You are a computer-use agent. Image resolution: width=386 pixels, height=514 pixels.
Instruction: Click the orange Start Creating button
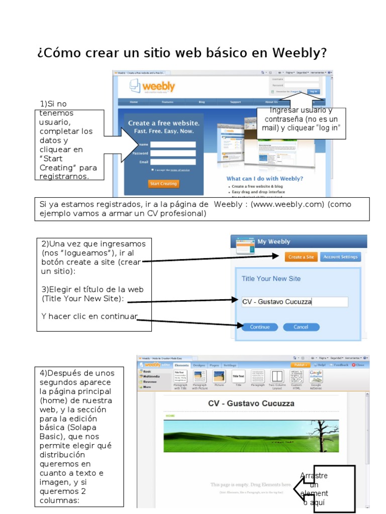point(164,184)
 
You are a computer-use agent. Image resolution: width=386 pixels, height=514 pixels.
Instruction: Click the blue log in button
point(313,92)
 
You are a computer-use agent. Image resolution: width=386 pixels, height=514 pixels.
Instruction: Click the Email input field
point(173,162)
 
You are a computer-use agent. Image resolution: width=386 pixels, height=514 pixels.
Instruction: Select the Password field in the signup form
point(173,153)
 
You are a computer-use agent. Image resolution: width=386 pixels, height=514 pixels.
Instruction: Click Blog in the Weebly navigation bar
point(202,102)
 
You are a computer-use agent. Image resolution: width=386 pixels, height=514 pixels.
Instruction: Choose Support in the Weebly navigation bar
point(235,102)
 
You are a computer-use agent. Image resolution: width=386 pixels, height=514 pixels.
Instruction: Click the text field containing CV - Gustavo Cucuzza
point(295,302)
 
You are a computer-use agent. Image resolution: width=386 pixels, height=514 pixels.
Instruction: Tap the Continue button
point(260,327)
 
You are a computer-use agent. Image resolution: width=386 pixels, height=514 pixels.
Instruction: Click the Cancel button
point(301,327)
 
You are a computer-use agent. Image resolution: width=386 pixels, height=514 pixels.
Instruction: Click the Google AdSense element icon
point(316,377)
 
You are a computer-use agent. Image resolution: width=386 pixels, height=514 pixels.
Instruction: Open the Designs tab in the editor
point(199,365)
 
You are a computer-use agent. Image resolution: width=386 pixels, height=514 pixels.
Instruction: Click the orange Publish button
point(300,365)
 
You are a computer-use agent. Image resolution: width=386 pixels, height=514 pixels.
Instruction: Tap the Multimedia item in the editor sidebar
point(152,376)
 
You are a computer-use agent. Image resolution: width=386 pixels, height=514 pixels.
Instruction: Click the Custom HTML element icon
point(297,377)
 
